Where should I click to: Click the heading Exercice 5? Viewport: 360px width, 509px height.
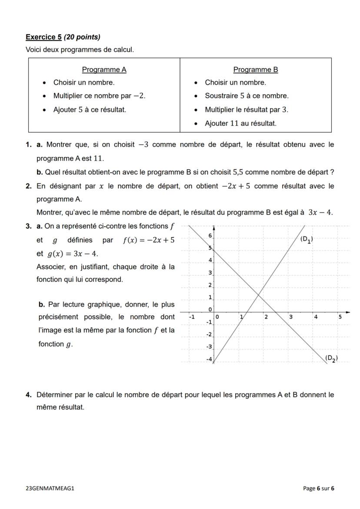click(43, 37)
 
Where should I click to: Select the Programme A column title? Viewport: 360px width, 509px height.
click(104, 70)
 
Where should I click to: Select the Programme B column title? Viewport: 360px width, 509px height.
click(256, 70)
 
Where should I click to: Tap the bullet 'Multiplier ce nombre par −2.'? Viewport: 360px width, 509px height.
click(99, 96)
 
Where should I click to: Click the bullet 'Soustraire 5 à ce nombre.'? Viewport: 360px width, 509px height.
click(247, 96)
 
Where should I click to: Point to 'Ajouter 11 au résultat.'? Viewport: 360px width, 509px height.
click(240, 123)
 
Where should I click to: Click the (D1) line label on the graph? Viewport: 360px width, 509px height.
click(307, 239)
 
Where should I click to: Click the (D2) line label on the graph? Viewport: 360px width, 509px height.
click(331, 359)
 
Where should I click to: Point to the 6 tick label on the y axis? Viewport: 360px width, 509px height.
click(210, 235)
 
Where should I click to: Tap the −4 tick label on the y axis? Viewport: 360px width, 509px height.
click(209, 359)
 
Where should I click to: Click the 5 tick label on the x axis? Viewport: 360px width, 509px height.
click(340, 317)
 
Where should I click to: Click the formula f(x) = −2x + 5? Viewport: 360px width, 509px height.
click(149, 240)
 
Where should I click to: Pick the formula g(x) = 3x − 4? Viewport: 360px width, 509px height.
click(73, 253)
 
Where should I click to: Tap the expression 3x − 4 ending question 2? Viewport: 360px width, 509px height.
click(320, 213)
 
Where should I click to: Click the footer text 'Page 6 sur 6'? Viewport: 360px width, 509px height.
click(319, 488)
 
